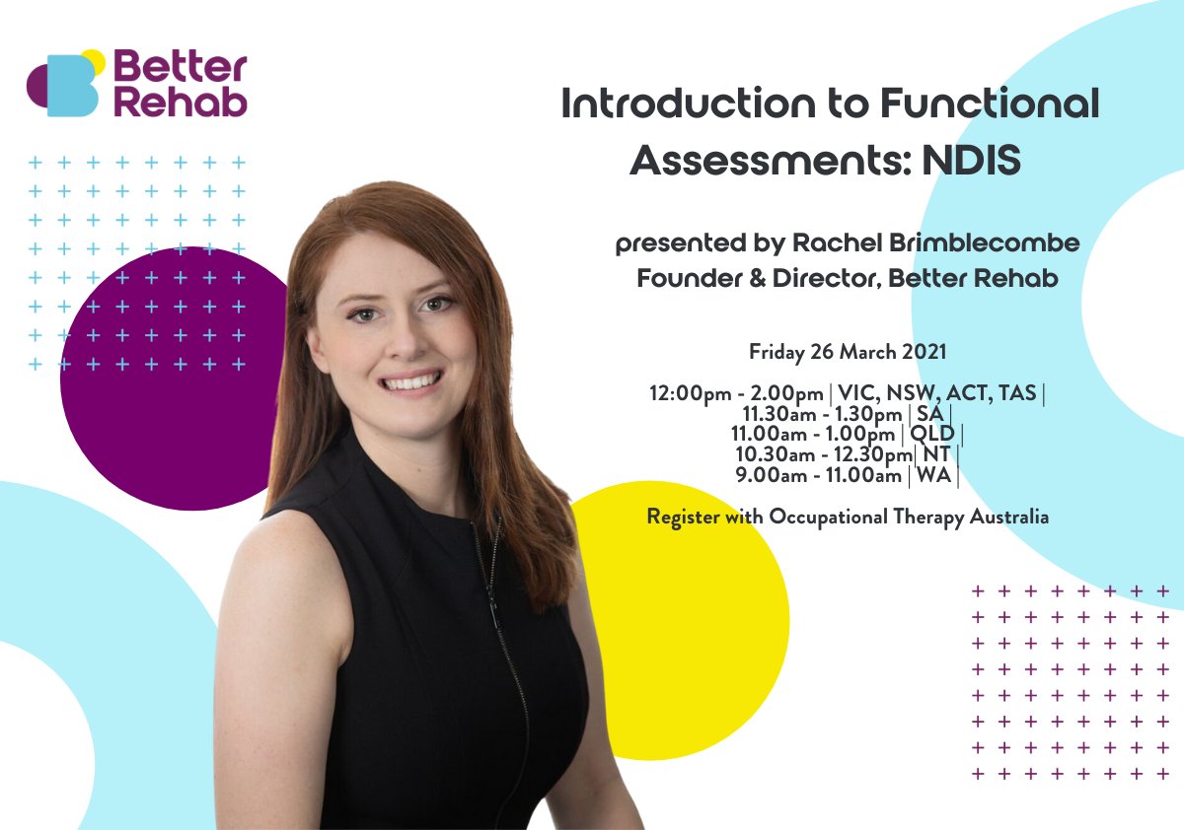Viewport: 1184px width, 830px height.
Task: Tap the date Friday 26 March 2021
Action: pos(846,351)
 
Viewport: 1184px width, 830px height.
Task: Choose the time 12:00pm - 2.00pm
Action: pos(736,393)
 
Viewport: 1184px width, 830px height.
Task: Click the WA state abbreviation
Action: pos(933,475)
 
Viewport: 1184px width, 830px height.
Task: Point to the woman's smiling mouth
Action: pos(411,381)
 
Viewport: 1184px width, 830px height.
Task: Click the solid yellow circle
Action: pos(691,631)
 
